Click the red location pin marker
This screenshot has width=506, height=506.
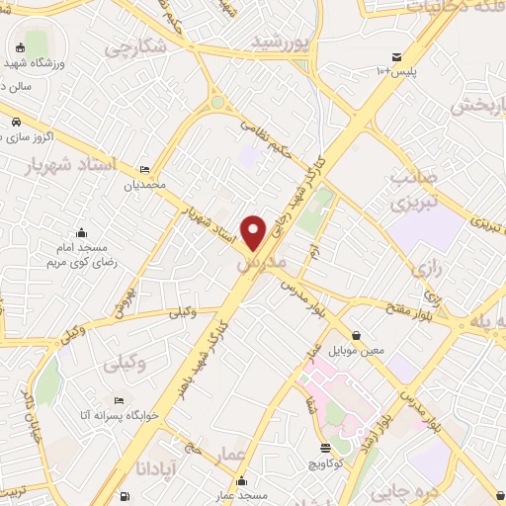pos(254,231)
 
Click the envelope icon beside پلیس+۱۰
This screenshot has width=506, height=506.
pos(396,56)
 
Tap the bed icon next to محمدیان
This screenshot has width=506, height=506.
pos(146,170)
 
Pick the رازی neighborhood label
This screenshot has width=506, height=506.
pos(428,268)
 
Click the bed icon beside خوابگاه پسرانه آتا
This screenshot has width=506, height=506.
pos(118,401)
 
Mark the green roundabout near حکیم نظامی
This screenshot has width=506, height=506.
pos(217,102)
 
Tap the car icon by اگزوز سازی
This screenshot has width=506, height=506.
pos(17,122)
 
